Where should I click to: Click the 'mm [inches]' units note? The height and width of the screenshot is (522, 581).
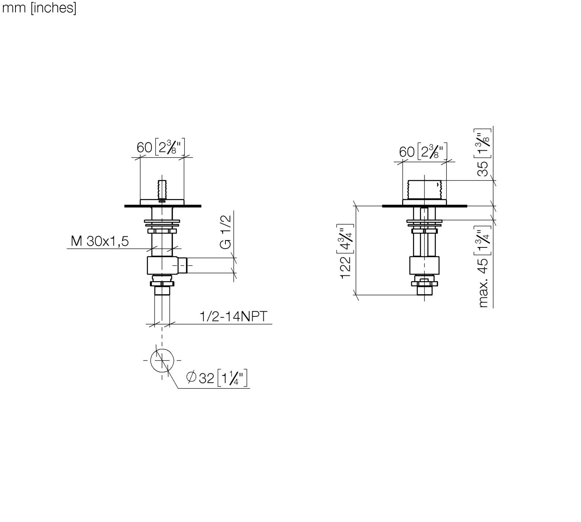[x=39, y=8]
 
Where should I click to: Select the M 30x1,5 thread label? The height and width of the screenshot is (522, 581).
[x=100, y=241]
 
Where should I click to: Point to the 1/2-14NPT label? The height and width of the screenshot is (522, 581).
[x=234, y=316]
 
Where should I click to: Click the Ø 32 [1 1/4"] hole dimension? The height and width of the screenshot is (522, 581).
[x=217, y=378]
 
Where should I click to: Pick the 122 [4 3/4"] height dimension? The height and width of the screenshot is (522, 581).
[x=346, y=251]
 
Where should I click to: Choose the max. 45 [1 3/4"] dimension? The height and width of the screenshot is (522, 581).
[x=483, y=266]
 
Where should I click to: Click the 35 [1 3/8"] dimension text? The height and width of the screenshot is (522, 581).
[x=483, y=152]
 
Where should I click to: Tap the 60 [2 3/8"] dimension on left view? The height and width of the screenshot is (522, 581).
[x=161, y=147]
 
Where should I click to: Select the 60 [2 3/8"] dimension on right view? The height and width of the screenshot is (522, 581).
[x=423, y=151]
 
